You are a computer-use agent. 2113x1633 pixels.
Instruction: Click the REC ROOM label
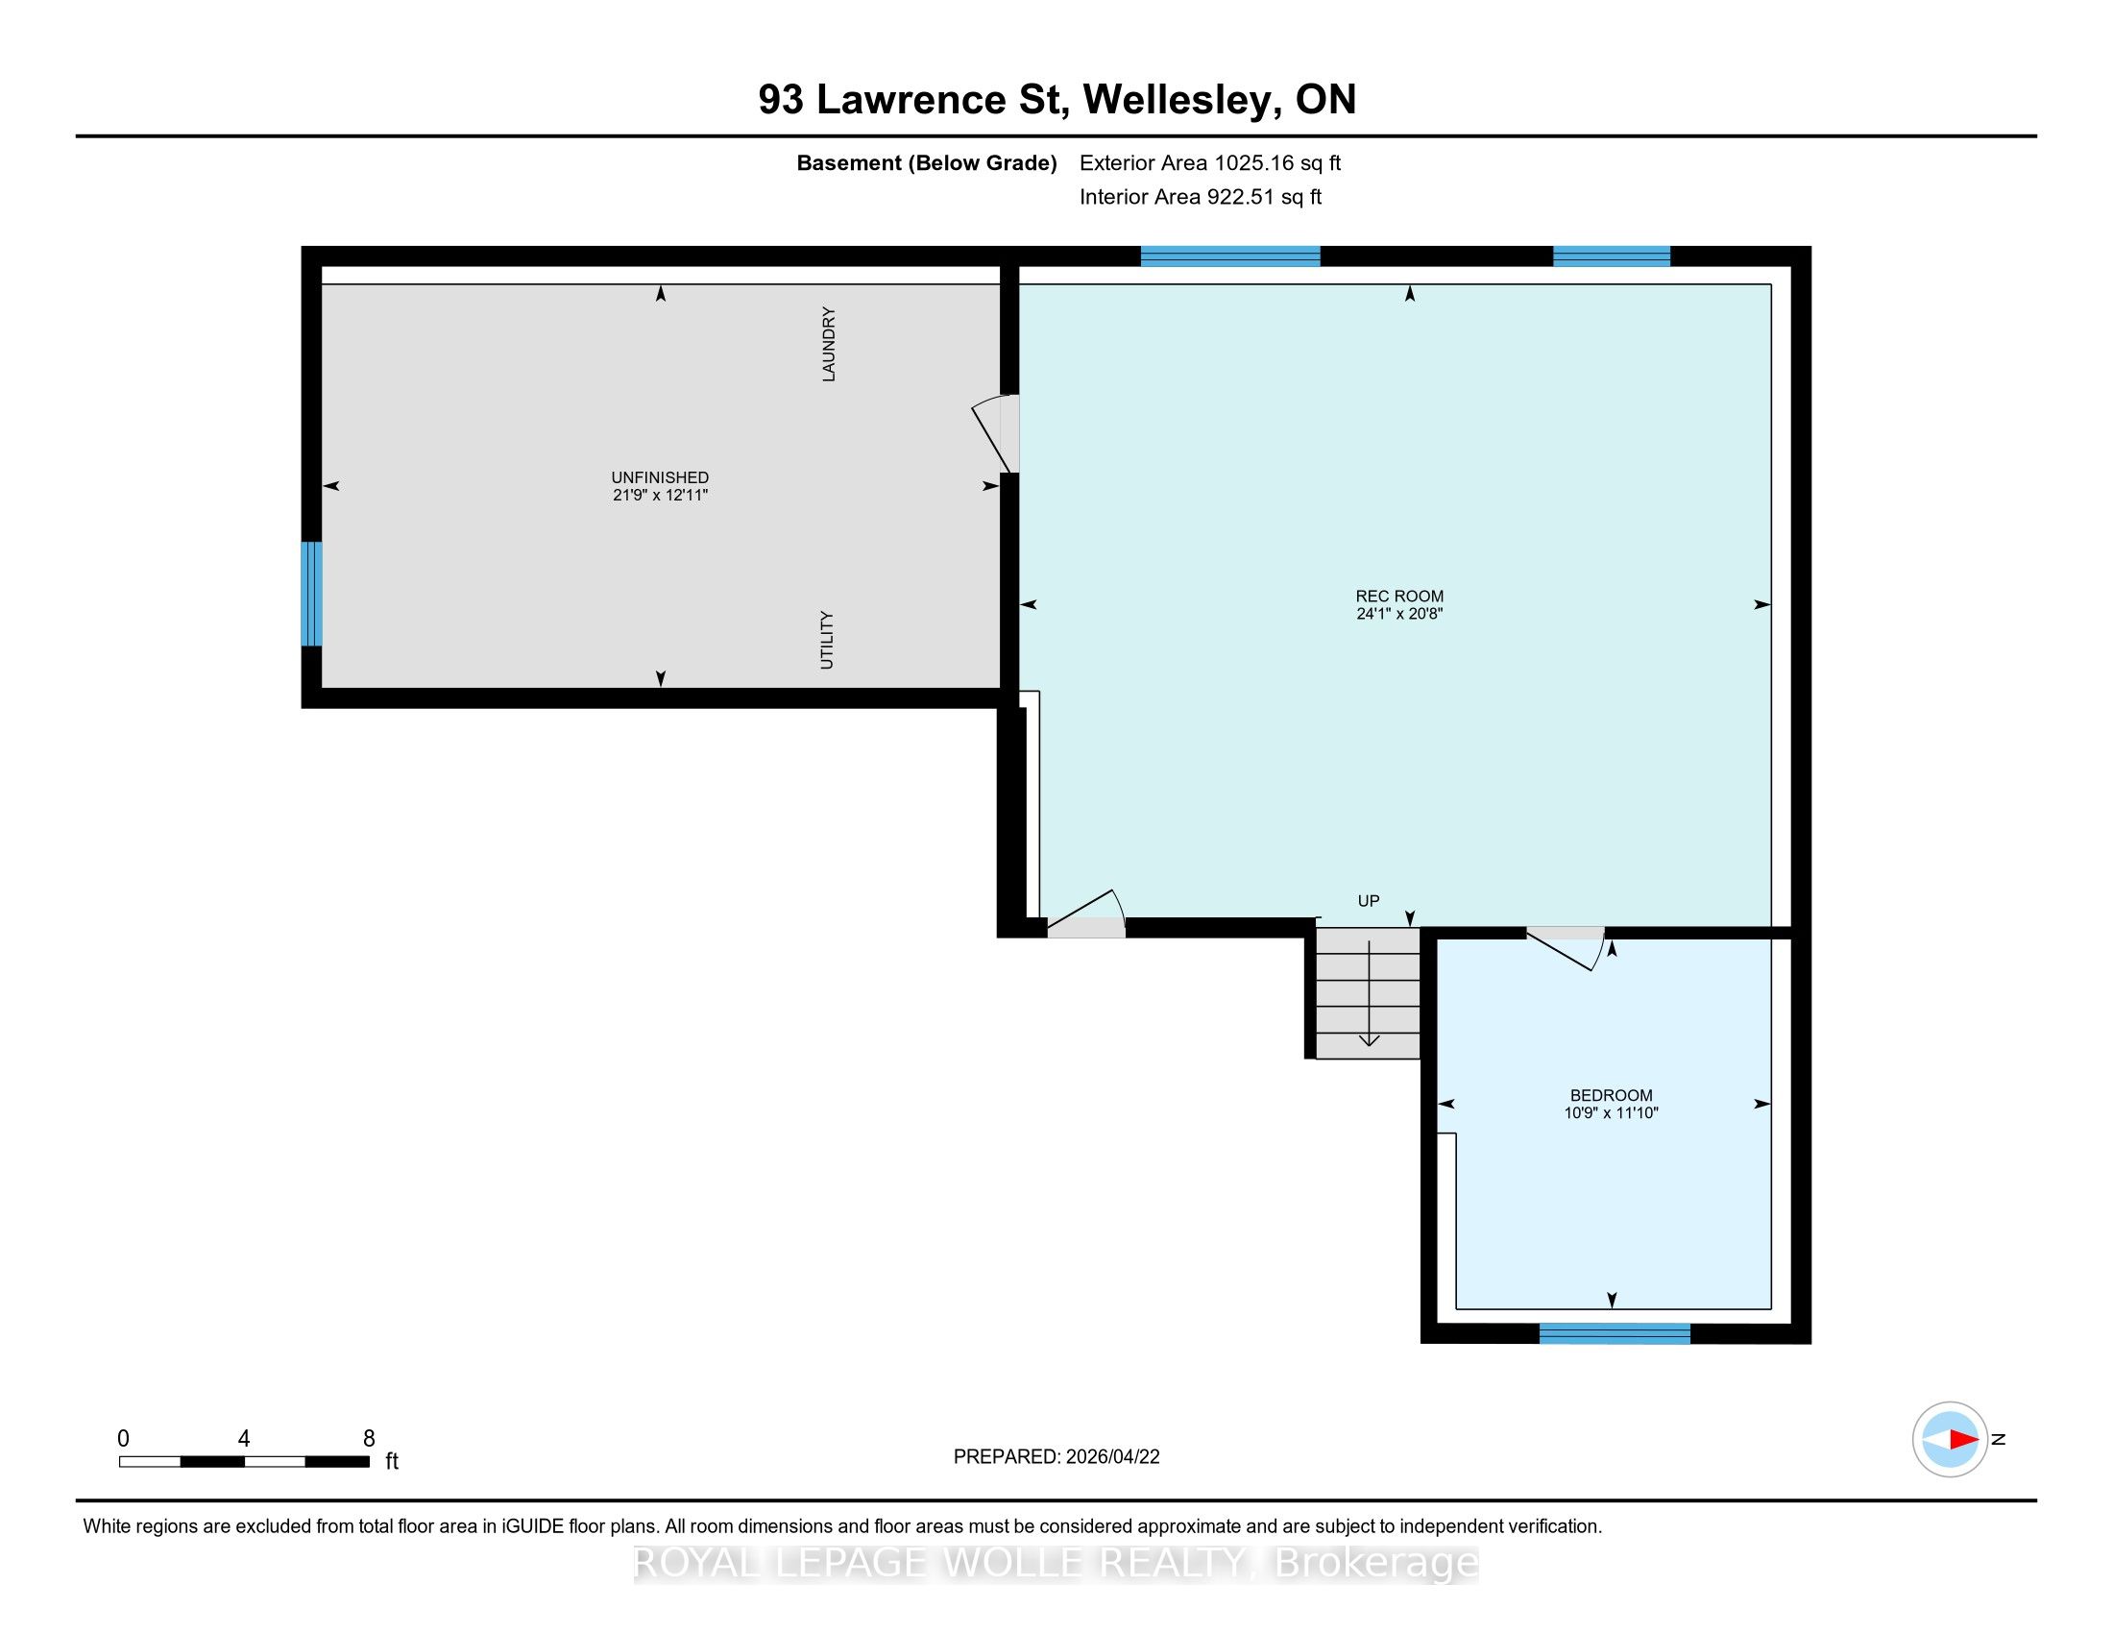(x=1399, y=596)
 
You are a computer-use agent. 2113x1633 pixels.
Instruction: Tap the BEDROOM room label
(x=1611, y=1095)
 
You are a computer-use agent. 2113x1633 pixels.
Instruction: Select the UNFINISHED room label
(x=660, y=477)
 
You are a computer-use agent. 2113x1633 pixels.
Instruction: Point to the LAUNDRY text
(x=828, y=345)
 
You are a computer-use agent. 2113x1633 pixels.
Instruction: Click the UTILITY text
(x=826, y=640)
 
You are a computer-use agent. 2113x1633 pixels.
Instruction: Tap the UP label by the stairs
(x=1368, y=901)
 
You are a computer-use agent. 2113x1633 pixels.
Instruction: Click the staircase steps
(x=1368, y=993)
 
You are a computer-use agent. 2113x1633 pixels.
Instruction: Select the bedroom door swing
(x=1566, y=949)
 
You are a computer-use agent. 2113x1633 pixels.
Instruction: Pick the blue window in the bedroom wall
(x=1615, y=1333)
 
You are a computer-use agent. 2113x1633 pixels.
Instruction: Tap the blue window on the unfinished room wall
(x=311, y=593)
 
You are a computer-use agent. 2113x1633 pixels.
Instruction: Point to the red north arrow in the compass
(x=1963, y=1439)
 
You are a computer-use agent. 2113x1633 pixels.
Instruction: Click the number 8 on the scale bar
(x=369, y=1439)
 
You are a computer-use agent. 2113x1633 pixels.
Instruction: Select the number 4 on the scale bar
(x=244, y=1439)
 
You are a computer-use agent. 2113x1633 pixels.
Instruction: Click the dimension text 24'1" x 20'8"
(x=1399, y=614)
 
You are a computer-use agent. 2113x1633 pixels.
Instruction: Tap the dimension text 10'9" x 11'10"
(x=1611, y=1112)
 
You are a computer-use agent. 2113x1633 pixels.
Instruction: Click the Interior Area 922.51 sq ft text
(x=1201, y=196)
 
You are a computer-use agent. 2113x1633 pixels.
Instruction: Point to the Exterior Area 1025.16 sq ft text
(x=1210, y=162)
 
